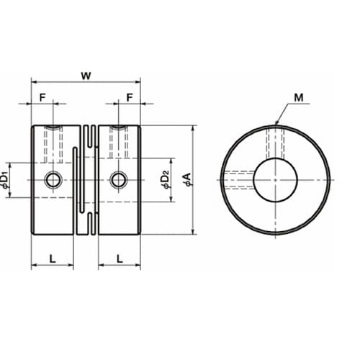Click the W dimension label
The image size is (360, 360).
tap(86, 76)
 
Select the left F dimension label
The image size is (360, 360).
tap(42, 98)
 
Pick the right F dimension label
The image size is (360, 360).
tap(130, 98)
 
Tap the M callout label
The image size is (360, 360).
tap(299, 98)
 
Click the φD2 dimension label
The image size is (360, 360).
tap(166, 179)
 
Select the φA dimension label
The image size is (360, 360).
tap(187, 179)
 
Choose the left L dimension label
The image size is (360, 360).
tap(53, 258)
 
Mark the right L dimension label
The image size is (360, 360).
tap(120, 258)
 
